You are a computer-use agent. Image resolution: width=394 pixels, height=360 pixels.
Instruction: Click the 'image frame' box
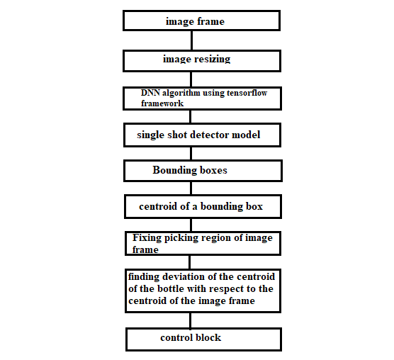point(201,21)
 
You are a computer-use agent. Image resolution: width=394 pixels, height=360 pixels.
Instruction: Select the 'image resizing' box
point(202,61)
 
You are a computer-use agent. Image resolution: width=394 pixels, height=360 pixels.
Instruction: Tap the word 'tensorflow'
point(247,93)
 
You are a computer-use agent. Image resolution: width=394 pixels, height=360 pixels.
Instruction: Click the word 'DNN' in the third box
point(150,93)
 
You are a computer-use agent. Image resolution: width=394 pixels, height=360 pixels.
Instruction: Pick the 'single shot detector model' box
point(202,135)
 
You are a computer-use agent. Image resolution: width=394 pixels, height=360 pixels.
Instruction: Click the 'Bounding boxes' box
point(203,171)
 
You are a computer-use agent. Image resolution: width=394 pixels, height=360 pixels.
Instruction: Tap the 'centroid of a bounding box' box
point(203,206)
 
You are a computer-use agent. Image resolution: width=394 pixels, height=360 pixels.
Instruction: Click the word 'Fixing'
point(147,238)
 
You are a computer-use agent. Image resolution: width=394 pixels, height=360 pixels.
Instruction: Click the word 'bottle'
point(171,288)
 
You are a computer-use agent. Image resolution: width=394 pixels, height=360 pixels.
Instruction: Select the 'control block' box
point(203,339)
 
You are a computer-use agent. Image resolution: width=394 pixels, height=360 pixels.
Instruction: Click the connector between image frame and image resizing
point(192,40)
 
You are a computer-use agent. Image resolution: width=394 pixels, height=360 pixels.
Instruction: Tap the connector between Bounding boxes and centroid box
point(191,189)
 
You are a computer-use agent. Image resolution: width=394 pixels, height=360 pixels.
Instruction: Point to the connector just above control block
point(190,320)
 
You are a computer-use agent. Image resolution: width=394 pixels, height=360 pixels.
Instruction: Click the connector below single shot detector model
point(191,154)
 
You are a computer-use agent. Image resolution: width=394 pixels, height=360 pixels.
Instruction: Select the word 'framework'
point(162,103)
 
